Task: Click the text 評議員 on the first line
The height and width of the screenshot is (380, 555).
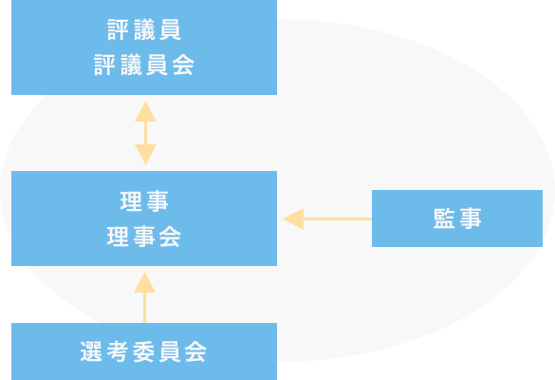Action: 144,29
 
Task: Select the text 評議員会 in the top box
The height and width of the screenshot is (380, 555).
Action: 144,66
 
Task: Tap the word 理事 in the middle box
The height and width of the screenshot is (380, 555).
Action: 144,201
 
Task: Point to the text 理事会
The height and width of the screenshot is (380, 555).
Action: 144,237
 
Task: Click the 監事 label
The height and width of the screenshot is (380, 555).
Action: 457,218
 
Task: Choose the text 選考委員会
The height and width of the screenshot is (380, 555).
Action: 143,351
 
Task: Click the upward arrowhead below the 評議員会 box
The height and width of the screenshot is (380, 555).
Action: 145,111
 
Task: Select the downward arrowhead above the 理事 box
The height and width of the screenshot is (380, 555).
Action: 145,155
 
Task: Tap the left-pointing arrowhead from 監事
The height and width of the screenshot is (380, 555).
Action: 293,218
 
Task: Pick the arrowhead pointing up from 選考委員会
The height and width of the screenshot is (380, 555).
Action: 144,282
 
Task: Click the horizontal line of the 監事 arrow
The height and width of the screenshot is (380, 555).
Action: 338,218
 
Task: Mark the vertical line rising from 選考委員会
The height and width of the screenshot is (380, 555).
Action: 144,308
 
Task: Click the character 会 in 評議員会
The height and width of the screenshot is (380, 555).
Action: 183,66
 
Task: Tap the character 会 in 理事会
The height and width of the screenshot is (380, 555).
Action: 170,237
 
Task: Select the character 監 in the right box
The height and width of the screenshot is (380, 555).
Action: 444,218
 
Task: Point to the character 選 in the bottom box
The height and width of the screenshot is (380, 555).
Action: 91,351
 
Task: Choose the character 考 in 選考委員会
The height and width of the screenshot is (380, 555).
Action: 117,351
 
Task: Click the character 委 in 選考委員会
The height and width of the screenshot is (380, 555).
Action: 143,351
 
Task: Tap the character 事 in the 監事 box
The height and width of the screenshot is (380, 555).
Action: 471,218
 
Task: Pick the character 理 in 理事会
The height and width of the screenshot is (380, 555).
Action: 118,237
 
